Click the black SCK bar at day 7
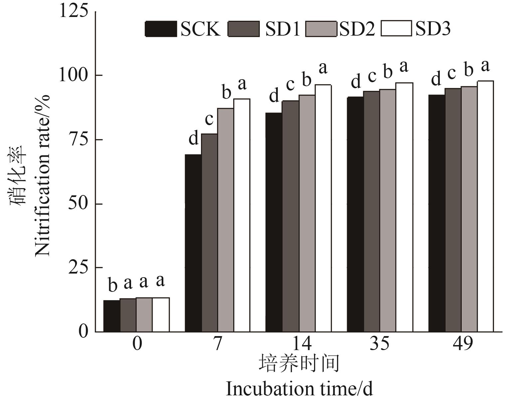click(193, 243)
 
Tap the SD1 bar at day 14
click(290, 216)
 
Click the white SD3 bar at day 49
click(485, 206)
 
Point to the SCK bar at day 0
click(112, 316)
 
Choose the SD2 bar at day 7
click(226, 220)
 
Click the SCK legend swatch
click(161, 29)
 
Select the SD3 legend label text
click(433, 29)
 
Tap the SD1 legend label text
click(282, 29)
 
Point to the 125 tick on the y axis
click(74, 11)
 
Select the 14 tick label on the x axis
click(298, 343)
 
